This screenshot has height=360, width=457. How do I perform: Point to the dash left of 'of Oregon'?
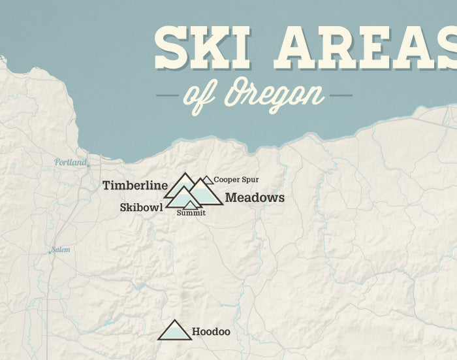click(167, 95)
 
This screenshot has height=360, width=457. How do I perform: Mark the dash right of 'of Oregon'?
click(341, 95)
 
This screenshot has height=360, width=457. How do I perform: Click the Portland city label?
click(70, 162)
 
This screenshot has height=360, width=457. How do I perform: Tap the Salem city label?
click(60, 250)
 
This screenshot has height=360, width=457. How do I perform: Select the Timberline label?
click(135, 186)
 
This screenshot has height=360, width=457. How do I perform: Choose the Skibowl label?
click(141, 207)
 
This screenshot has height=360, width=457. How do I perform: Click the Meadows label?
click(255, 197)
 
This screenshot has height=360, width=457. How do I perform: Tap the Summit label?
click(191, 213)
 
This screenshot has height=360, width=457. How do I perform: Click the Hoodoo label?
click(211, 332)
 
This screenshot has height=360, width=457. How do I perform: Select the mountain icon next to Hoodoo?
click(175, 331)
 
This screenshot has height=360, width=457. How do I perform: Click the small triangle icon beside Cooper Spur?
click(208, 180)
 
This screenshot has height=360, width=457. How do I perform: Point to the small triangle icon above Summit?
click(189, 205)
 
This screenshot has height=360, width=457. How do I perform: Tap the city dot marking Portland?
click(88, 165)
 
